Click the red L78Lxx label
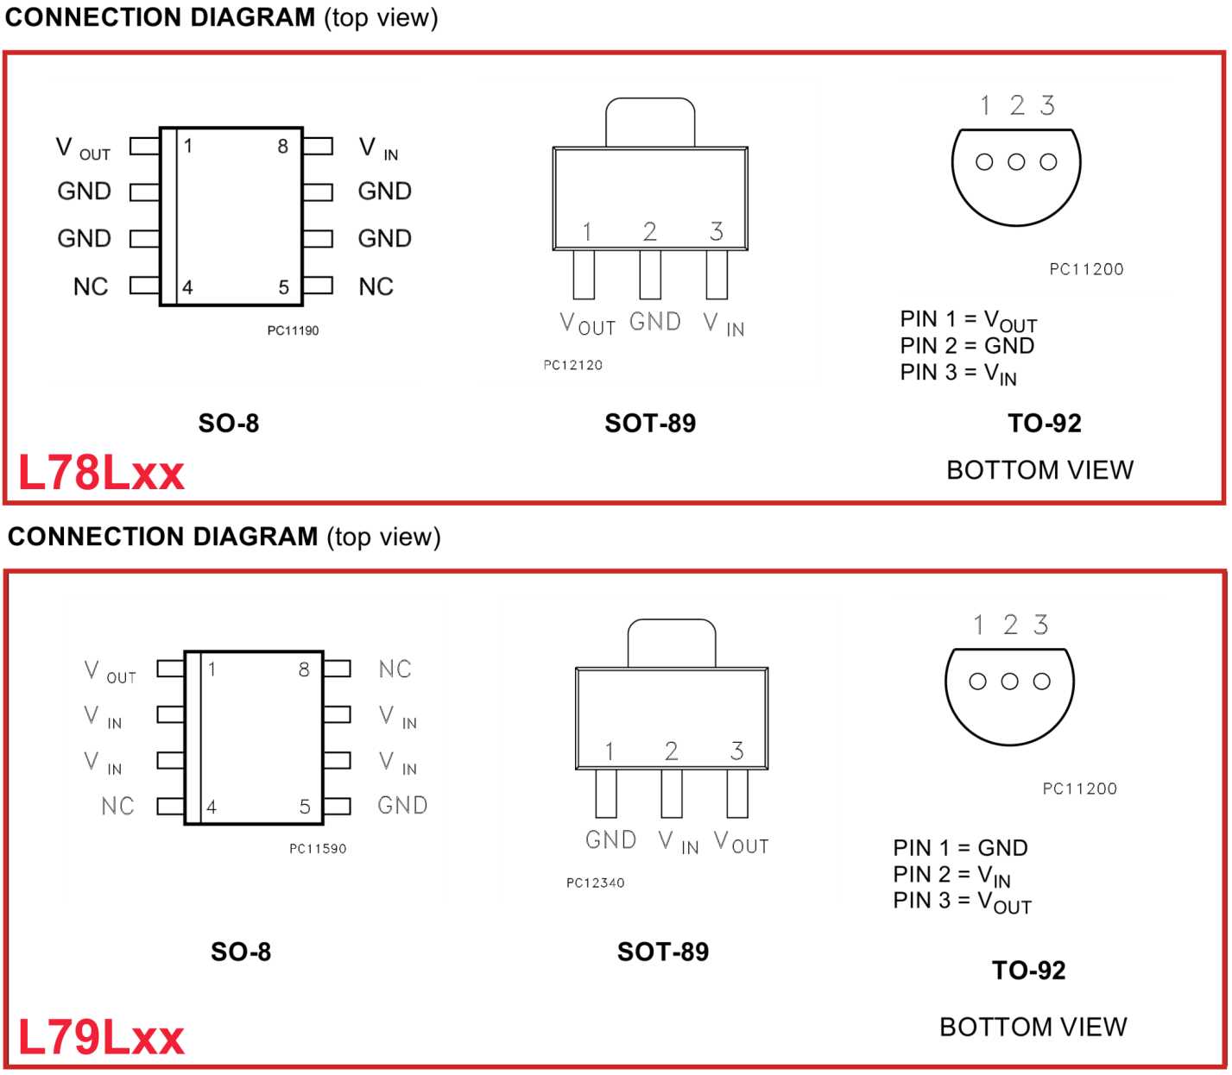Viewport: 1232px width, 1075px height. (101, 473)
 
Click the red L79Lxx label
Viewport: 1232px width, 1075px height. (101, 1037)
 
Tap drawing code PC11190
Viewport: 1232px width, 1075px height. (293, 330)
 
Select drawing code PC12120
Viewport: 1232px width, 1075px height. (572, 365)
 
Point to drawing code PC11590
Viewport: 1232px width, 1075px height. (317, 849)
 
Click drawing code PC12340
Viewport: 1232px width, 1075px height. (595, 883)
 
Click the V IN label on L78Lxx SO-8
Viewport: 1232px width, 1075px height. (378, 149)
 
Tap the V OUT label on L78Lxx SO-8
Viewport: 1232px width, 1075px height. (83, 149)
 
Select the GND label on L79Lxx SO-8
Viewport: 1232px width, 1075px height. (402, 805)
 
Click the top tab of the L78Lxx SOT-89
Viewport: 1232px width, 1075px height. (650, 123)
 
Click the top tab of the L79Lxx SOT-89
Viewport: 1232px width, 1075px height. (672, 643)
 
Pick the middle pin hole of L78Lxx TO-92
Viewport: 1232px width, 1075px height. (1016, 162)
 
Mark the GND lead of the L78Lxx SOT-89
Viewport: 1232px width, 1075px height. (650, 274)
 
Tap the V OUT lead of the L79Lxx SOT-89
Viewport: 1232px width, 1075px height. (737, 793)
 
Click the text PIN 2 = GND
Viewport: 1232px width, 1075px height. (966, 346)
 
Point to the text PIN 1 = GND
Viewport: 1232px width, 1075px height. (960, 847)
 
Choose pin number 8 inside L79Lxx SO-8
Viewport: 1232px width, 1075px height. (304, 670)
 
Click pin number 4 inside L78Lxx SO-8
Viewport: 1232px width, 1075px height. (187, 287)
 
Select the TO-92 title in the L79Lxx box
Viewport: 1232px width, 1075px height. (1028, 971)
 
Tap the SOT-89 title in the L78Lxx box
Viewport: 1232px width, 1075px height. (650, 424)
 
